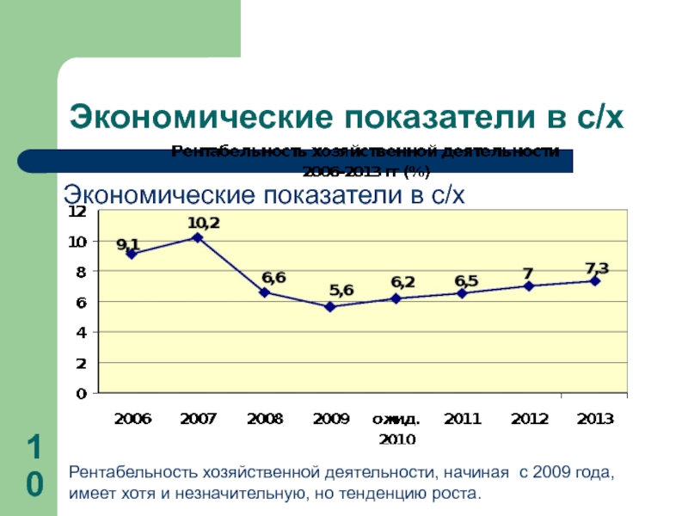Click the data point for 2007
tap(197, 237)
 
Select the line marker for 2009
tap(330, 306)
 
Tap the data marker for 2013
tap(595, 281)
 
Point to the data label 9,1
tap(128, 243)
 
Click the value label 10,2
tap(204, 223)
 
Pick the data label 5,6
tap(341, 290)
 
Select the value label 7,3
tap(596, 267)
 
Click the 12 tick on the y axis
tap(77, 211)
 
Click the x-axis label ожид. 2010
tap(396, 428)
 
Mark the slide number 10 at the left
tap(34, 467)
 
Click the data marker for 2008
tap(264, 292)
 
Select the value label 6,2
tap(402, 281)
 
